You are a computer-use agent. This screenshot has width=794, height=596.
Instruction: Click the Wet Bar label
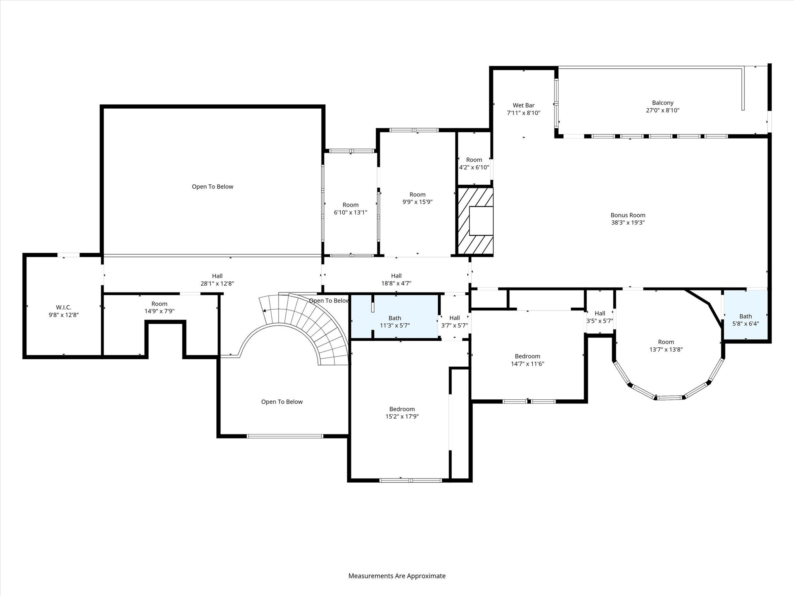click(523, 106)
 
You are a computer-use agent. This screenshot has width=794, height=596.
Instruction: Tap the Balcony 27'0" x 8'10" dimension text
click(663, 110)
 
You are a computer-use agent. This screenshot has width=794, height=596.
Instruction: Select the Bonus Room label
click(628, 215)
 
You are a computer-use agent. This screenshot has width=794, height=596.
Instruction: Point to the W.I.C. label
click(64, 308)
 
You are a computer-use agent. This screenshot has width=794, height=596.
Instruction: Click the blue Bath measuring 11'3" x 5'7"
click(395, 322)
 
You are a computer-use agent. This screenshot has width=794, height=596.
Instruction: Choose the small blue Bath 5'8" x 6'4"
click(745, 320)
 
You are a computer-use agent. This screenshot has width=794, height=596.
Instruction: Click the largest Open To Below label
click(212, 187)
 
